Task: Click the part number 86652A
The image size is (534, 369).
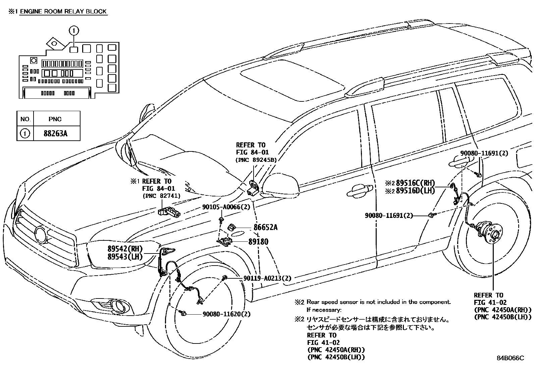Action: coord(265,227)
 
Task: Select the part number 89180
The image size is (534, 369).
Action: coord(258,241)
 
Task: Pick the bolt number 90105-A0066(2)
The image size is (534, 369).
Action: coord(226,207)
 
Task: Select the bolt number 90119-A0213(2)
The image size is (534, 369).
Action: coord(267,278)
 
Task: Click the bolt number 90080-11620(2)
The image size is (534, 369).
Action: coord(226,314)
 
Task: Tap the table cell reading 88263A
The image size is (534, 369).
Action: coord(55,133)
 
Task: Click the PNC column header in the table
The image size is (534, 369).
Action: coord(55,119)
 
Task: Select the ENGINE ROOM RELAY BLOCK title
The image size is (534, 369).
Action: coord(63,11)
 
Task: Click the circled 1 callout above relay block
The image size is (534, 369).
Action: coord(74,31)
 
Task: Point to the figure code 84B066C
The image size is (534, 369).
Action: coord(510,358)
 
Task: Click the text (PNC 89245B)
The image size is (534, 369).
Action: coord(256,160)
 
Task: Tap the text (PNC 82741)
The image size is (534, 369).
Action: coord(161,196)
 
